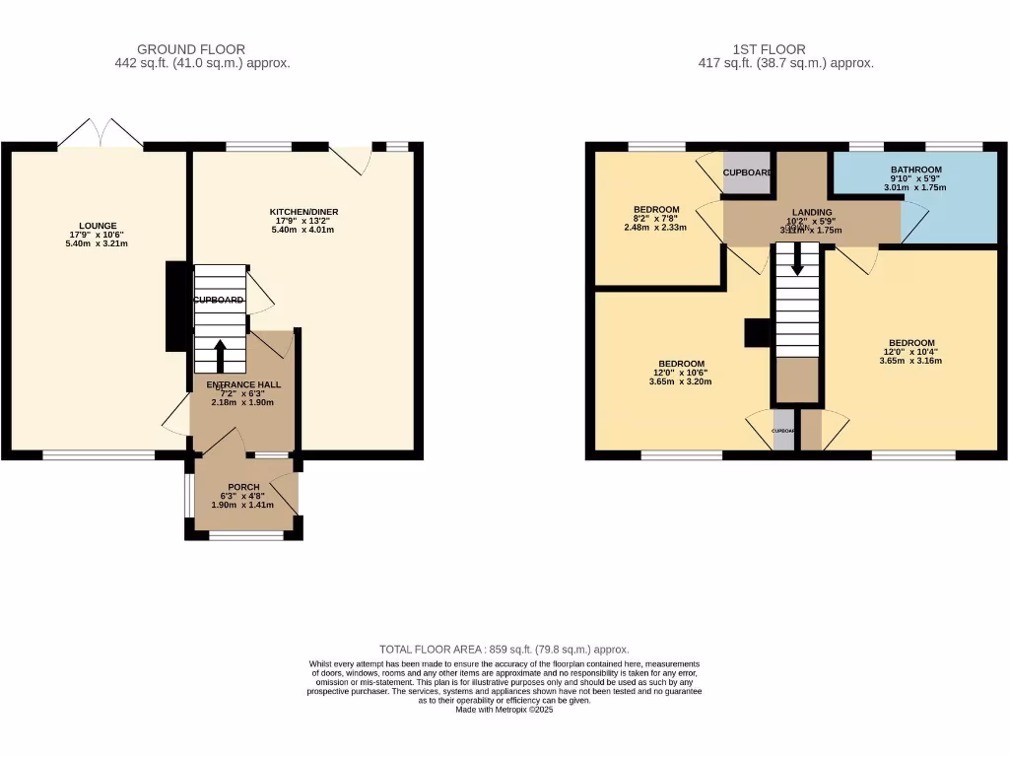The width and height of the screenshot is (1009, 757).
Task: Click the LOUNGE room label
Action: (99, 226)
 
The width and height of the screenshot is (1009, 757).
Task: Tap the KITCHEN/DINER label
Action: (303, 212)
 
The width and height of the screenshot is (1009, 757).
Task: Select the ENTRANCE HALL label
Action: (243, 384)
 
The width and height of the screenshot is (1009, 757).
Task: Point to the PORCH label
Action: (243, 487)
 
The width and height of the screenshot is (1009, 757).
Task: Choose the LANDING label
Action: (814, 212)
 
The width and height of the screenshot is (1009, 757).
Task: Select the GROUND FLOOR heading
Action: (191, 49)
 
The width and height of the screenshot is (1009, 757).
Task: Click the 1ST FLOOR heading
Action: (770, 49)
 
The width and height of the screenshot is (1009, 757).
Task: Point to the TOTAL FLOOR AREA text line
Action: (504, 650)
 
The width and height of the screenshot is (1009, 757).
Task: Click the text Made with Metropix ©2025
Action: (504, 710)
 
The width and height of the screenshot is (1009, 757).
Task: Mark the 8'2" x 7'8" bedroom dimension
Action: (656, 228)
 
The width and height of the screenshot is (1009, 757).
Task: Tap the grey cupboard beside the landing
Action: (747, 172)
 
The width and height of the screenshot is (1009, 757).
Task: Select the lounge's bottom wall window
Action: (99, 454)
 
